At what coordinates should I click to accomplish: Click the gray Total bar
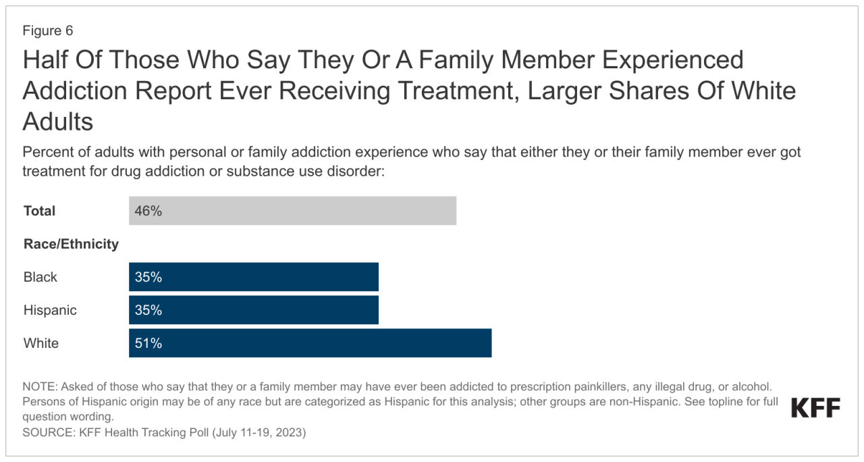[292, 211]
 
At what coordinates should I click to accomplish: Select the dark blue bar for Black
[254, 277]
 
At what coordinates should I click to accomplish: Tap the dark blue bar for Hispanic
[254, 310]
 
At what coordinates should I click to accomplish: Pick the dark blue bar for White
[310, 343]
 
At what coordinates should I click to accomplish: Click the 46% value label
[148, 211]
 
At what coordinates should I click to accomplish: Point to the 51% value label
[148, 343]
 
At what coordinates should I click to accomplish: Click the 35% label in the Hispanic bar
[148, 310]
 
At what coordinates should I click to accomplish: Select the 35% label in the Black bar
[148, 277]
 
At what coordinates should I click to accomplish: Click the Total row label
[40, 211]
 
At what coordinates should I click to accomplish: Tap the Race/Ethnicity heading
[71, 244]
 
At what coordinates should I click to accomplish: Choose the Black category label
[40, 277]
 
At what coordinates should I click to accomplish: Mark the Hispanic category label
[50, 310]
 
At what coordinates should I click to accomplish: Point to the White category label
[41, 343]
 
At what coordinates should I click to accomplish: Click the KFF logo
[815, 409]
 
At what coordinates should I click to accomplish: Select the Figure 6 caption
[47, 31]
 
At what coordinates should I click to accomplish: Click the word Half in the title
[47, 60]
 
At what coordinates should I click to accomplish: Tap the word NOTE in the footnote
[40, 387]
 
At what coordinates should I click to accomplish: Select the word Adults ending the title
[57, 122]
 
